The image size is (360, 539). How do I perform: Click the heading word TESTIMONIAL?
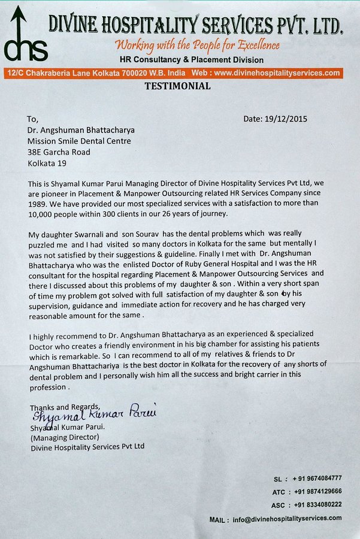pyautogui.click(x=177, y=86)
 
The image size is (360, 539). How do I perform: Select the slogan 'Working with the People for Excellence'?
pyautogui.click(x=198, y=45)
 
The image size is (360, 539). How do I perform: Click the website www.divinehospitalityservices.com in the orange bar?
pyautogui.click(x=276, y=73)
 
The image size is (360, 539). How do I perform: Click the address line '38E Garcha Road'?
pyautogui.click(x=59, y=152)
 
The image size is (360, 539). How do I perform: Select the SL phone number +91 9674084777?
pyautogui.click(x=317, y=478)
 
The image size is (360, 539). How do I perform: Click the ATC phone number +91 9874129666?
pyautogui.click(x=317, y=491)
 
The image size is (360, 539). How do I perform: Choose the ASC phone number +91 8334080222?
pyautogui.click(x=317, y=504)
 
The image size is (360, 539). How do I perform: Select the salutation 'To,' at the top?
pyautogui.click(x=33, y=119)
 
